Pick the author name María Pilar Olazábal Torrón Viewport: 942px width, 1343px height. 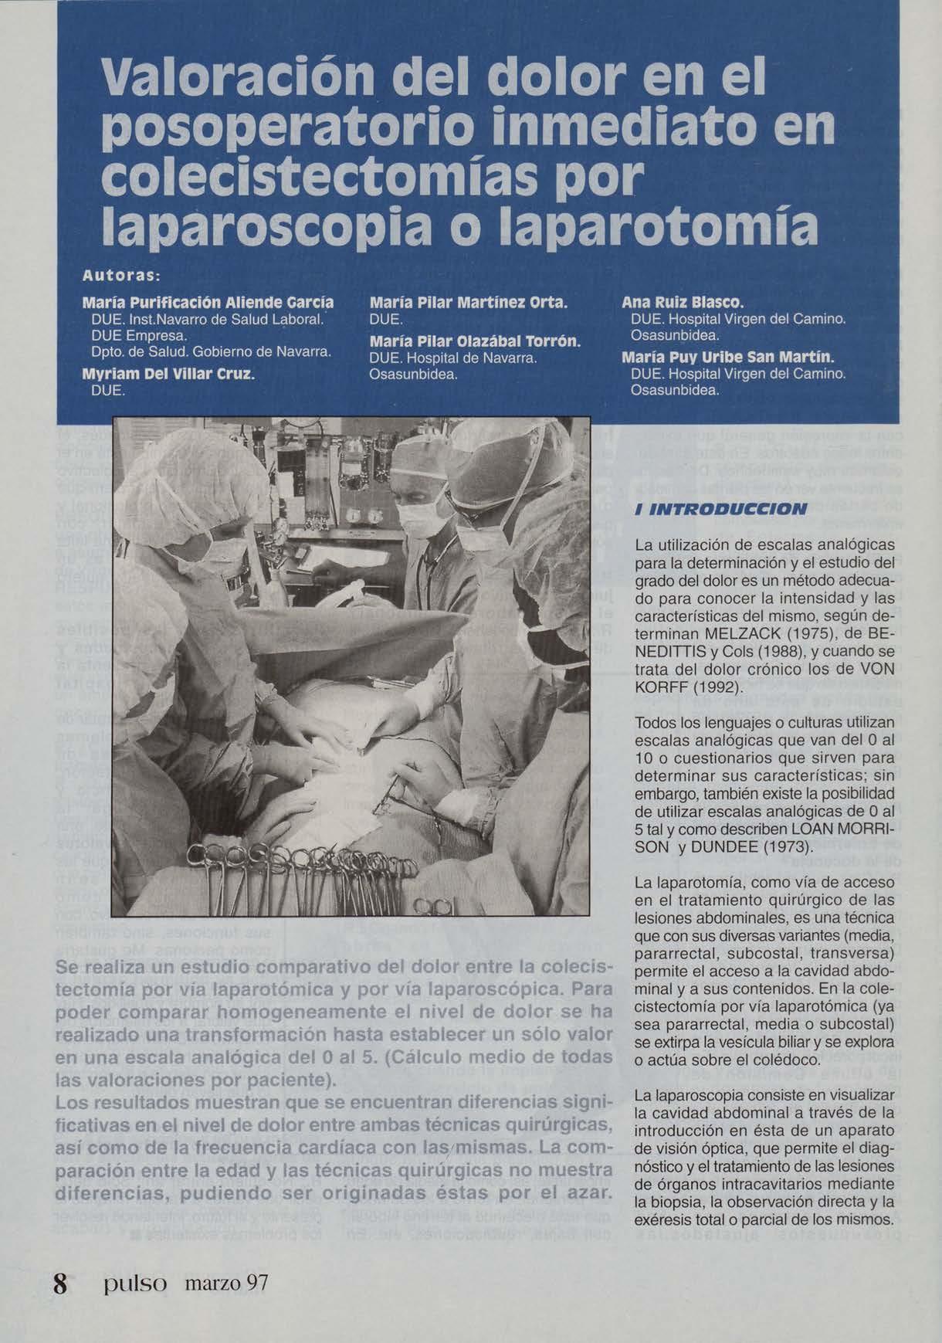pos(474,341)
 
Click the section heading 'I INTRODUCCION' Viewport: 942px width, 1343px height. pos(720,509)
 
